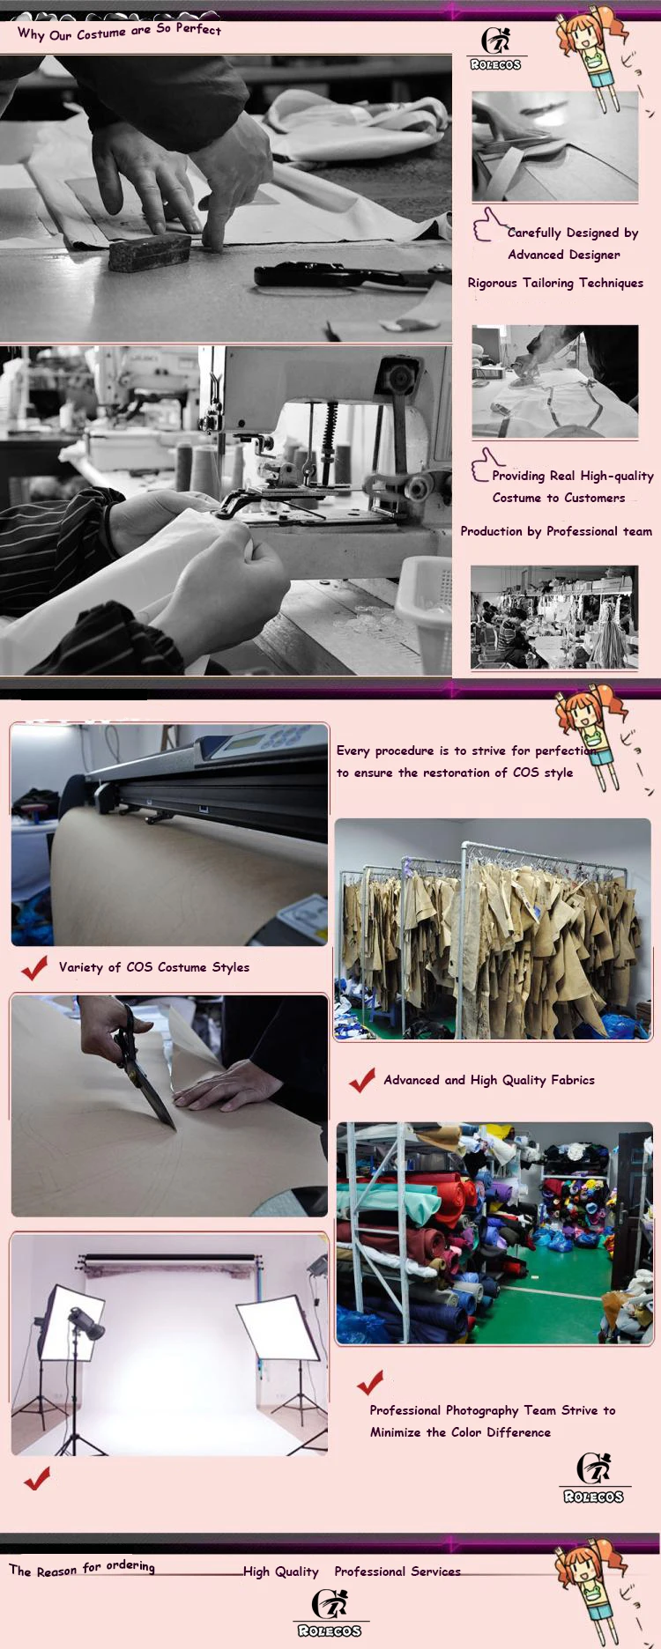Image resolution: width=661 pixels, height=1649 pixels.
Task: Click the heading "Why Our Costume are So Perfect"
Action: click(119, 32)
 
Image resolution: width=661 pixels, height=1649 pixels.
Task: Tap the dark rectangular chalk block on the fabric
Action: click(149, 251)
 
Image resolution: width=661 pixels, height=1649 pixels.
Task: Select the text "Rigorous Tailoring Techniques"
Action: click(555, 283)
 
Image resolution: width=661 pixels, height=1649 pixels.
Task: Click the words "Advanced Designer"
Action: click(563, 255)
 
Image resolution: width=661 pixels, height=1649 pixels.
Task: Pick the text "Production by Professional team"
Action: click(555, 531)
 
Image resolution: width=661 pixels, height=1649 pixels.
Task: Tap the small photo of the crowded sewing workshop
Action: click(554, 617)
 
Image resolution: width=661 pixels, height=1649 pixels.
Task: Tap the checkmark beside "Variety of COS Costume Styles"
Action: click(35, 967)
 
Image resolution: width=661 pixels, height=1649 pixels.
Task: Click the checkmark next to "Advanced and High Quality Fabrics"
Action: click(361, 1080)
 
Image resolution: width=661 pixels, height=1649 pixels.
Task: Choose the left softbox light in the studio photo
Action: click(69, 1322)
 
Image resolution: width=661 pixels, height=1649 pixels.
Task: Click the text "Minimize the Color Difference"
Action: click(460, 1432)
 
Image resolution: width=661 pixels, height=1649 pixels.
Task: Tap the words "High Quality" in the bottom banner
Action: click(280, 1571)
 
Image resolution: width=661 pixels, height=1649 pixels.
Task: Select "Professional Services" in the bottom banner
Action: click(397, 1571)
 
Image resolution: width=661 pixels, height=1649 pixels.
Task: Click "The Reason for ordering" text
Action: click(82, 1568)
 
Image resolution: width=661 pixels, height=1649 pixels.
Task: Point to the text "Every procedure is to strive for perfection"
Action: click(463, 751)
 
